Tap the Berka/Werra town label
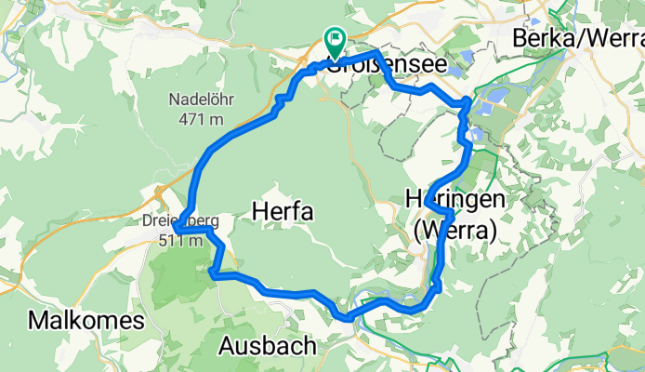pos(578,39)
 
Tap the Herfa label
pos(282,213)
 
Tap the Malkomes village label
pos(86,322)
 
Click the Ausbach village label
pos(267,346)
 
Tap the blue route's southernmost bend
pos(348,317)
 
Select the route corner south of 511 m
pos(215,272)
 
